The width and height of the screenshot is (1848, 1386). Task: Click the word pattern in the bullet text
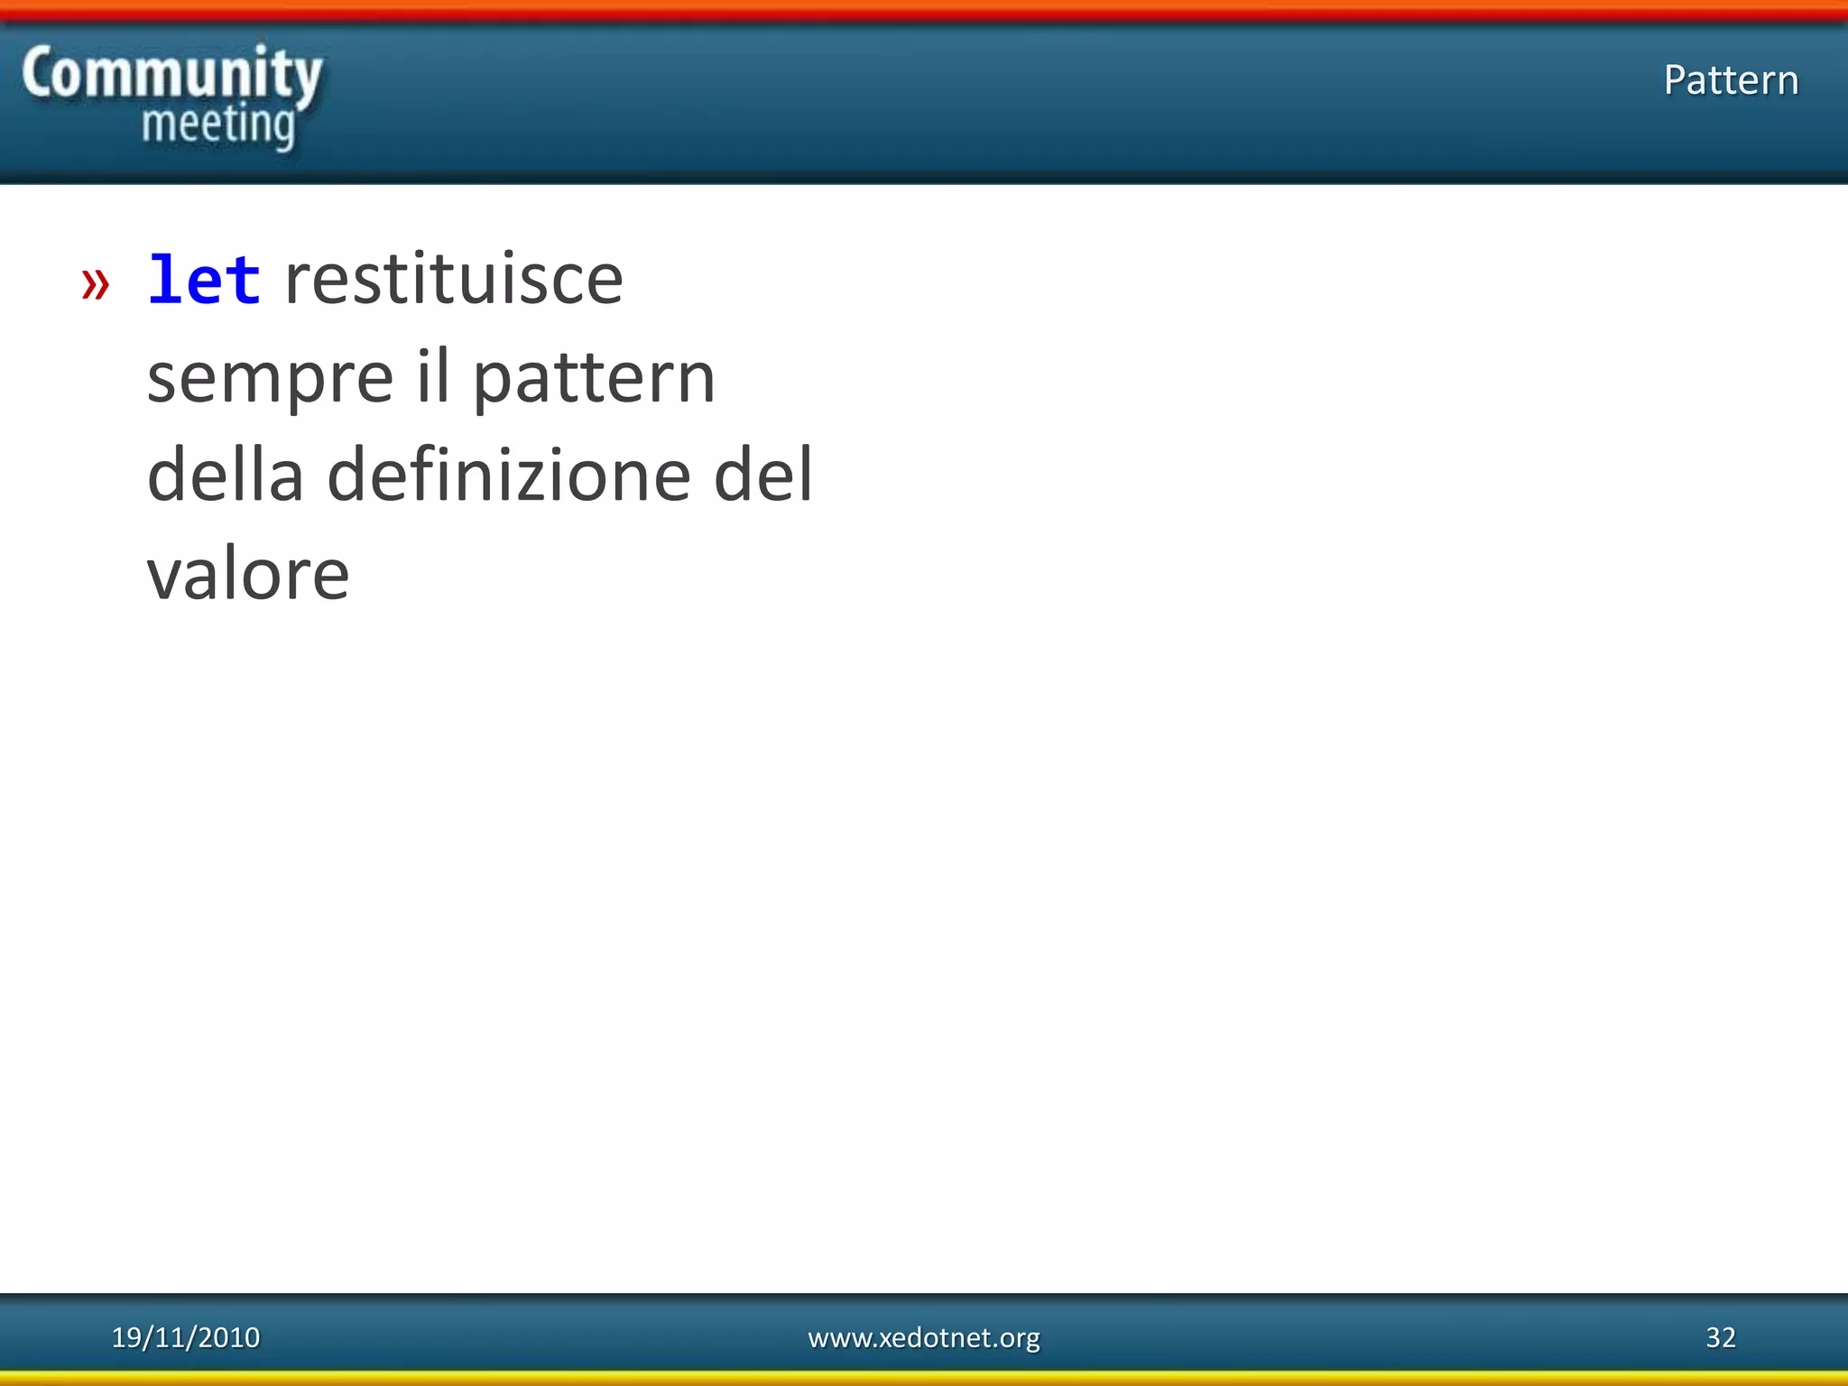(x=594, y=379)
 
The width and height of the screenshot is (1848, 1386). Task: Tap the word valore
(x=248, y=574)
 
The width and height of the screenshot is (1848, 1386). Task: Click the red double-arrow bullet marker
(x=96, y=283)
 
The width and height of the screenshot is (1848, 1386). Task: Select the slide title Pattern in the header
(x=1731, y=80)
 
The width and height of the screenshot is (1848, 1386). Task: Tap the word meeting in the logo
(x=218, y=126)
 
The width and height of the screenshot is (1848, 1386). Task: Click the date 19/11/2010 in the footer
(x=186, y=1337)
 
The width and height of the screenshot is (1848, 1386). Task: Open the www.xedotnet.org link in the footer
(x=924, y=1337)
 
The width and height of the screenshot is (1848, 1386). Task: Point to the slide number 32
(x=1721, y=1337)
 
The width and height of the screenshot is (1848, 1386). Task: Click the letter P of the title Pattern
(x=1676, y=80)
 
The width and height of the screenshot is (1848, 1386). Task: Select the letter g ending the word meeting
(x=282, y=130)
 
